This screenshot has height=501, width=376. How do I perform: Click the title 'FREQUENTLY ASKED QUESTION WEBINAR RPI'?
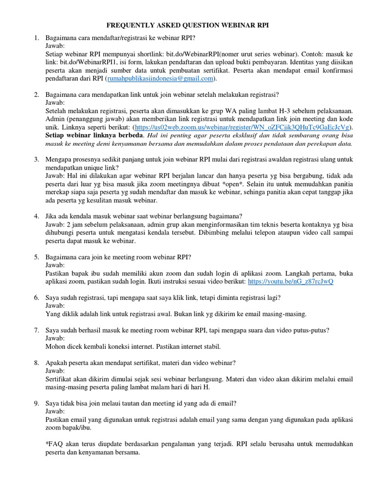click(188, 25)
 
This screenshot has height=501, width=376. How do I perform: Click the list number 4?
click(36, 216)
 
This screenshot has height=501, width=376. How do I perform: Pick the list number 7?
click(36, 330)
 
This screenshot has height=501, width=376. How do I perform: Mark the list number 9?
click(36, 403)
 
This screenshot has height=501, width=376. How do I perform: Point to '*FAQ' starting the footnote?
click(53, 445)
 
